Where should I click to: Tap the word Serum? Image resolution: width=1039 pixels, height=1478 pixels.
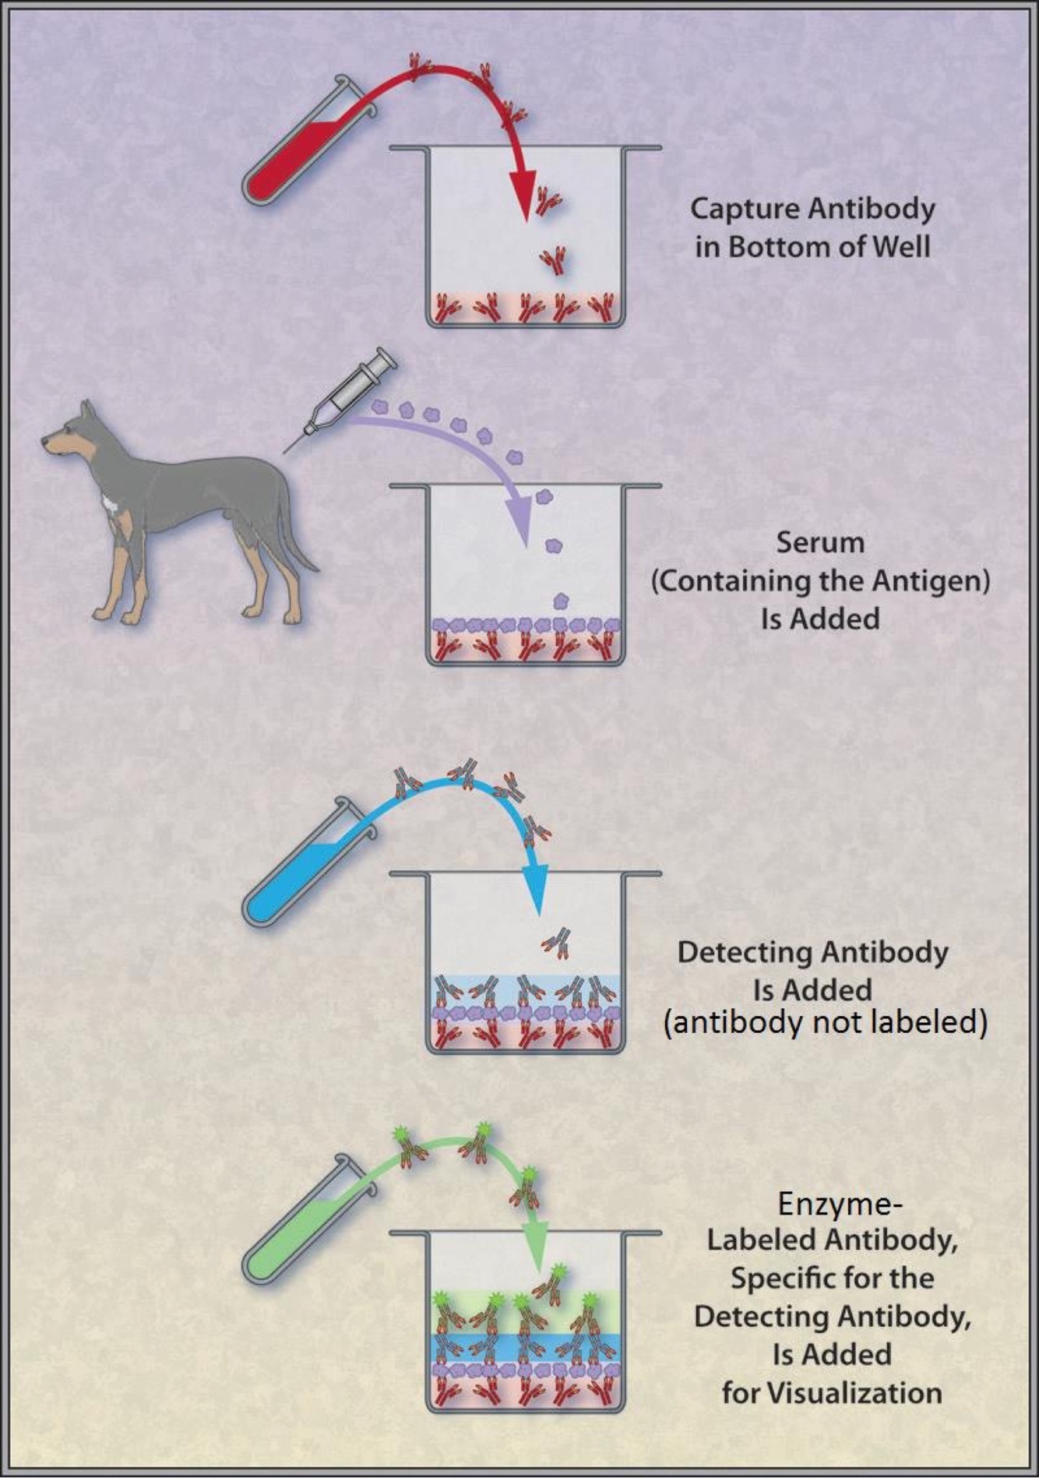tap(819, 542)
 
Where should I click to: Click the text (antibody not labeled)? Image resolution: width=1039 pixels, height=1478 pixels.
tap(826, 1022)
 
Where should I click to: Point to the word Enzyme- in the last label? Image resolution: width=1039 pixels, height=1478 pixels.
tap(840, 1205)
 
